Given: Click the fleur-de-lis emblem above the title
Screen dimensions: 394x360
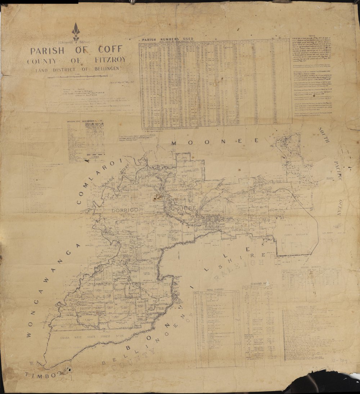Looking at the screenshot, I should pyautogui.click(x=76, y=32).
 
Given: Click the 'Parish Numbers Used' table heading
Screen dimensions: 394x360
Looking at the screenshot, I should pyautogui.click(x=167, y=39).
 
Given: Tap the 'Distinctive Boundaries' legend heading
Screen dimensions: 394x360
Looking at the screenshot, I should pyautogui.click(x=84, y=121).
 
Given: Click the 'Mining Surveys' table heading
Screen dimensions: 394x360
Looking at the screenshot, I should pyautogui.click(x=310, y=267).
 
